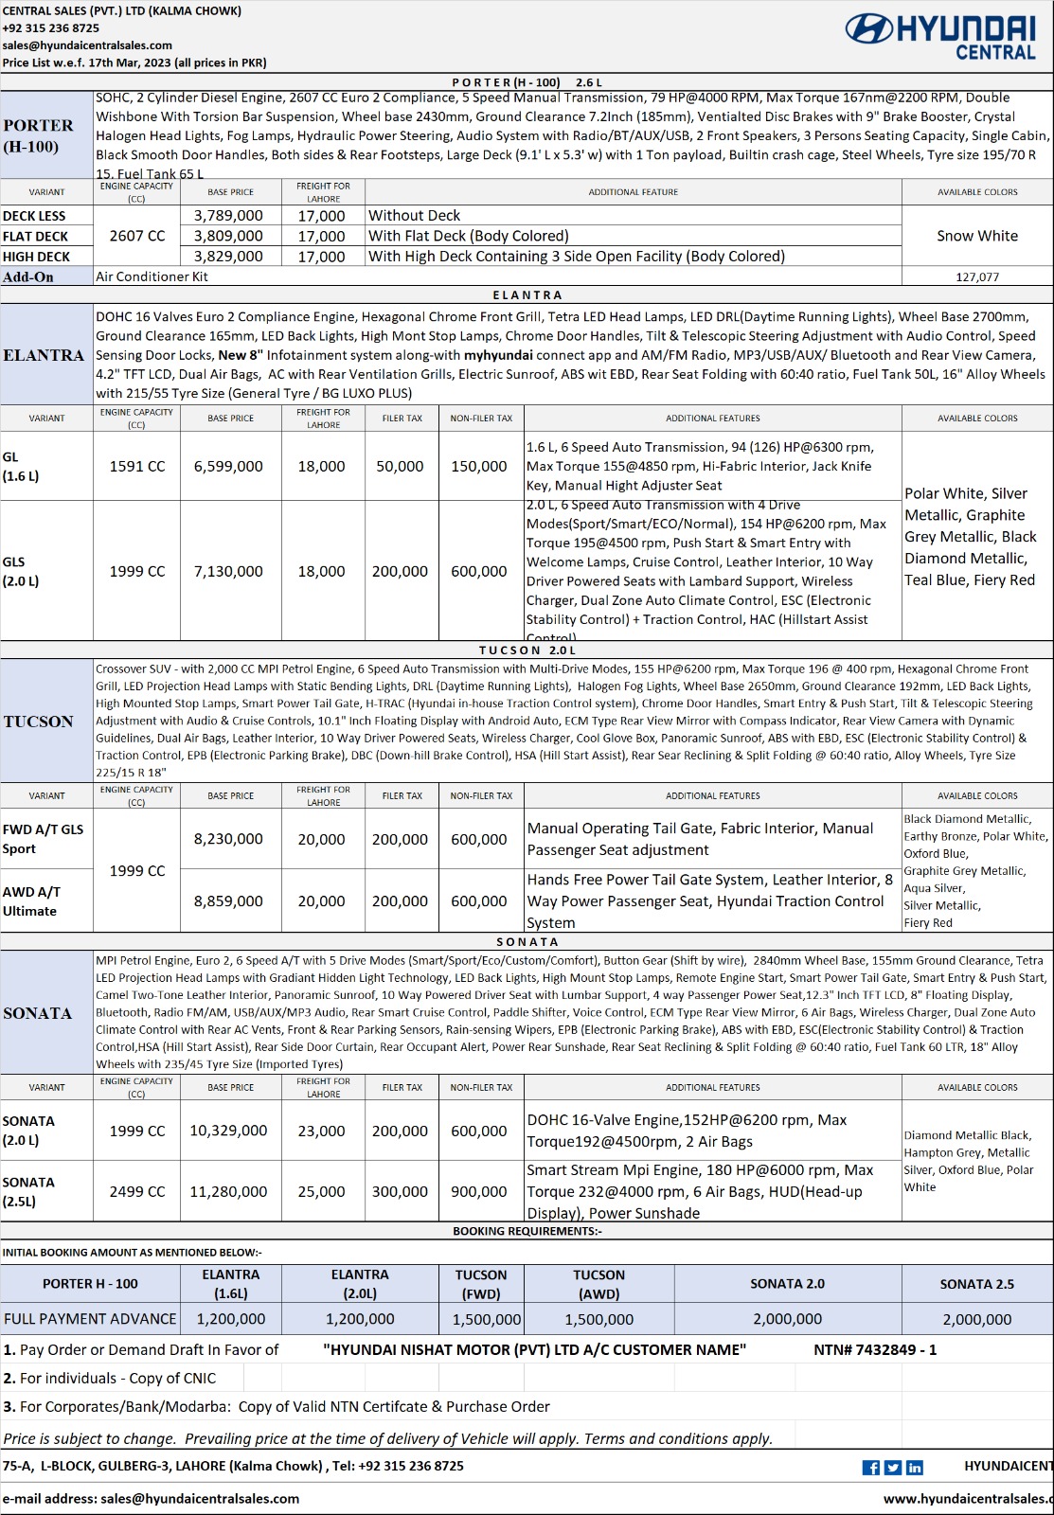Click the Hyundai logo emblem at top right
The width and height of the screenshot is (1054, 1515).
tap(867, 29)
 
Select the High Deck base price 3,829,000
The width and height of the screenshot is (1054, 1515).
tap(228, 257)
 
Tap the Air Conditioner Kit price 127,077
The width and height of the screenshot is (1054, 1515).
tap(977, 277)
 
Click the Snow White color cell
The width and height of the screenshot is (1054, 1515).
tap(977, 236)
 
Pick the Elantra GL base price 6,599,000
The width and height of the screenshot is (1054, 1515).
tap(228, 467)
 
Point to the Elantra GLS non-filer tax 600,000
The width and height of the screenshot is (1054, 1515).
tap(479, 572)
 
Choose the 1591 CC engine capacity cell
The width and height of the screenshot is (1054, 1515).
tap(137, 467)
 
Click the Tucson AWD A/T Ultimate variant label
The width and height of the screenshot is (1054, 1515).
tap(31, 901)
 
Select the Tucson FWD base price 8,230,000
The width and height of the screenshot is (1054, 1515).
tap(228, 840)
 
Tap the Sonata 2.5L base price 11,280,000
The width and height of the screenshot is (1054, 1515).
tap(228, 1192)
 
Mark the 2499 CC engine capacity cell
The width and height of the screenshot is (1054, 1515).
tap(137, 1192)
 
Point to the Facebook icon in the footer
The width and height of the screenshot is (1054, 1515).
tap(871, 1468)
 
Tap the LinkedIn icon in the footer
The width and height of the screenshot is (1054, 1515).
tap(915, 1468)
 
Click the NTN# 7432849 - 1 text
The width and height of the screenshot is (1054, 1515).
tap(875, 1350)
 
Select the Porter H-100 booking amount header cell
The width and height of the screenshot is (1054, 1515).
tap(90, 1284)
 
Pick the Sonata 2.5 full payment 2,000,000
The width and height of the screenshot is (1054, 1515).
tap(977, 1320)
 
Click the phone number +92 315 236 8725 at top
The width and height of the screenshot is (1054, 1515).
tap(51, 28)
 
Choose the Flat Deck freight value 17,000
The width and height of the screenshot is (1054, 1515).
tap(322, 237)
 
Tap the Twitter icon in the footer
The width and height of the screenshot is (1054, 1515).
tap(893, 1468)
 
